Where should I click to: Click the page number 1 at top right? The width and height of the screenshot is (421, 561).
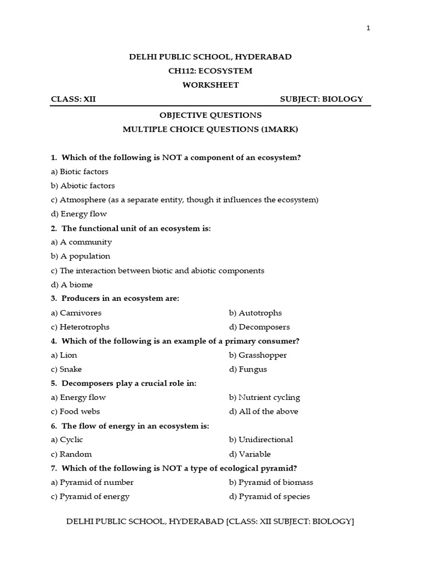pos(368,28)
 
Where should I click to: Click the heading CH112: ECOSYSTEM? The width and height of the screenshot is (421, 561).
pos(210,71)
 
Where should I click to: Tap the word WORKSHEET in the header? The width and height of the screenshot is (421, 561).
pos(210,85)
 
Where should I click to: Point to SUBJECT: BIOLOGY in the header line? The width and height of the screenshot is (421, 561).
pos(321,99)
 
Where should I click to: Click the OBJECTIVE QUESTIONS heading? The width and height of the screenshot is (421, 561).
pos(210,116)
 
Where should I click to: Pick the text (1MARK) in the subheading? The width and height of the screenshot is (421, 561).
pos(280,130)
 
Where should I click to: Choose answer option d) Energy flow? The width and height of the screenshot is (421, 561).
pos(79,214)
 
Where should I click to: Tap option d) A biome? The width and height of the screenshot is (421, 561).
pos(72,285)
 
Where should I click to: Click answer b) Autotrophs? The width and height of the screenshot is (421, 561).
pos(255,313)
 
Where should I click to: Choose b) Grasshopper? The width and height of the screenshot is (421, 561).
pos(258,355)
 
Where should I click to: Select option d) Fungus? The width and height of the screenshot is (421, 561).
pos(248,369)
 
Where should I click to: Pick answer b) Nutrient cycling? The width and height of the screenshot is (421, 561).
pos(265,397)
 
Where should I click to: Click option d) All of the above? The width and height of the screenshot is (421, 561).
pos(264,411)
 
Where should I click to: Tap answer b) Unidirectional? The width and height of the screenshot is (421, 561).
pos(261,439)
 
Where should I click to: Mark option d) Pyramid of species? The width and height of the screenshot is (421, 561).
pos(270,496)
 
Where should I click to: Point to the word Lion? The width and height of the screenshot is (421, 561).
pos(69,355)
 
